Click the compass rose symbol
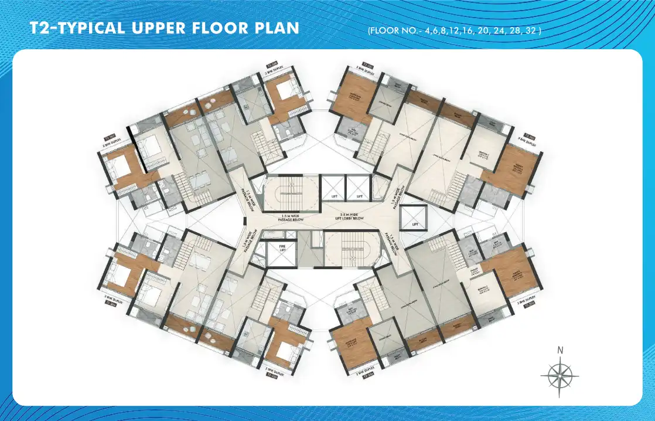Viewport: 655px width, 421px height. point(560,375)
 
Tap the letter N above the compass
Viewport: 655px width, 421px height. point(561,351)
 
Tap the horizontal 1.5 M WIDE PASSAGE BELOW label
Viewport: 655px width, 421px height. point(291,218)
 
